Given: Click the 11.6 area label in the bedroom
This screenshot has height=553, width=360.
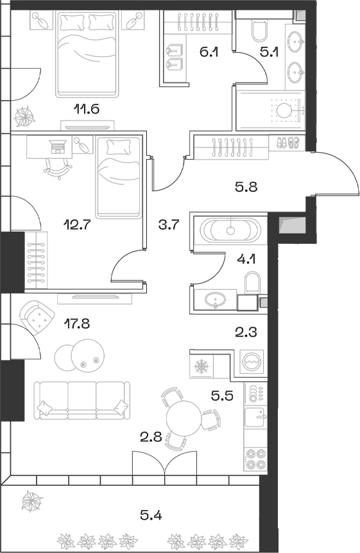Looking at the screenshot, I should pos(87,108).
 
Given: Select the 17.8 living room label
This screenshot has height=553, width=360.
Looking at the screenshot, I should pos(76,323).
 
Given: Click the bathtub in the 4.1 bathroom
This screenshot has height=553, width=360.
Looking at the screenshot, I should pos(230,229).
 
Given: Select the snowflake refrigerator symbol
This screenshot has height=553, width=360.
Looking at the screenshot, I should pos(201,367).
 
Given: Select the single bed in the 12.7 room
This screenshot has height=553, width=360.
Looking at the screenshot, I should pos(118,178).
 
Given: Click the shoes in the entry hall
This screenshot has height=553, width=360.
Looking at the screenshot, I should pos(287,143).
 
